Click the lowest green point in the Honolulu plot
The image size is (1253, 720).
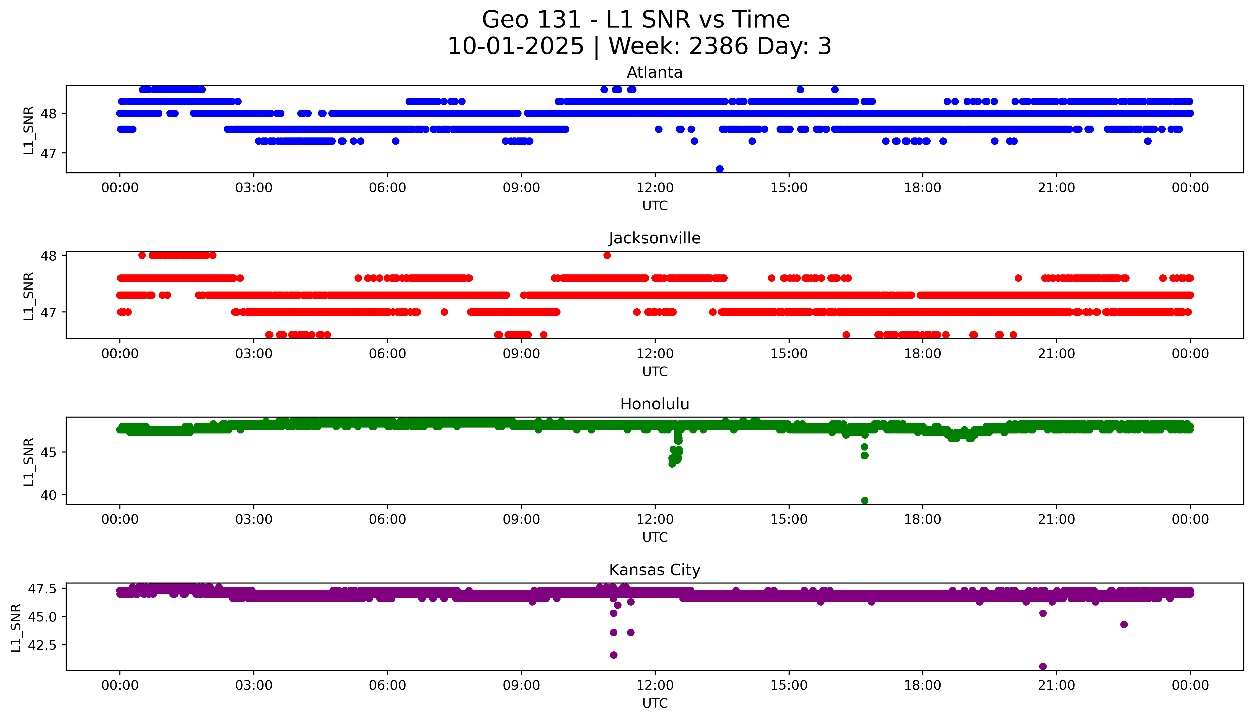pos(864,500)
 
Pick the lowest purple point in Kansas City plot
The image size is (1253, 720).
pos(1043,666)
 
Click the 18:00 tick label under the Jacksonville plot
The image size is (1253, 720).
pos(923,353)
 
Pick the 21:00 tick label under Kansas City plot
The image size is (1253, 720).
pos(1056,685)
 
